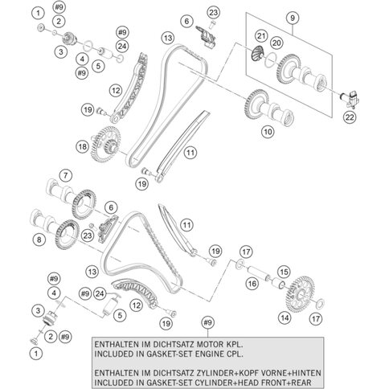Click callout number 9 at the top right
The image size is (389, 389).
coord(292,18)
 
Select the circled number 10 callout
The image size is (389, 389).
coord(266,130)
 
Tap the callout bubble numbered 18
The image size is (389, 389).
coord(104,146)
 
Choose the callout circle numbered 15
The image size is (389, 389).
coord(282,272)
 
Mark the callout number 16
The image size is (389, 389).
coord(252,283)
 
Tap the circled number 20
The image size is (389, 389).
coord(276,42)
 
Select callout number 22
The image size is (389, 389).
coord(348,118)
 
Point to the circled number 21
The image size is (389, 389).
coord(260,35)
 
